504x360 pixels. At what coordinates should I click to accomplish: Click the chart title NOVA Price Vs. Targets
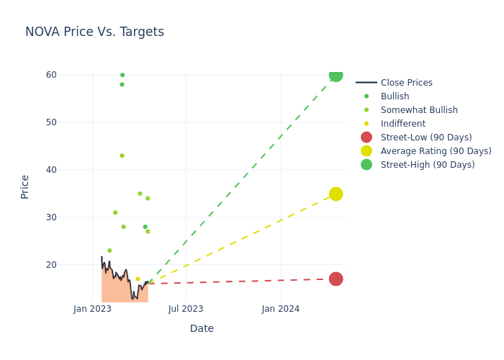(x=94, y=32)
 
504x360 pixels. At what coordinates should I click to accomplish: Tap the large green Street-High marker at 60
(x=336, y=75)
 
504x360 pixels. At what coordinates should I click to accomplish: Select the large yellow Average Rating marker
(x=336, y=194)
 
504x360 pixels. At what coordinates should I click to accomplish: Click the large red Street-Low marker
(x=336, y=279)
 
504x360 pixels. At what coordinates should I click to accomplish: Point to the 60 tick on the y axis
(x=51, y=75)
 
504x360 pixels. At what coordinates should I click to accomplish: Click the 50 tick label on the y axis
(x=51, y=122)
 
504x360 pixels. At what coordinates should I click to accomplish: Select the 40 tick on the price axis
(x=51, y=170)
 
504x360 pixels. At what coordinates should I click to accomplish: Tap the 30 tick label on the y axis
(x=51, y=217)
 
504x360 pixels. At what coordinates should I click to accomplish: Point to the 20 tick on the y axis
(x=51, y=265)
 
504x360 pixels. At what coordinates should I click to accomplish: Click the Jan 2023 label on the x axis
(x=92, y=309)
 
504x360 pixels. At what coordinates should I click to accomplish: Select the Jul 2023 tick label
(x=186, y=309)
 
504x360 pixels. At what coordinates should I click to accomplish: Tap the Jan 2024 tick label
(x=281, y=309)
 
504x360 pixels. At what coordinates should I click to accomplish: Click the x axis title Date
(x=202, y=328)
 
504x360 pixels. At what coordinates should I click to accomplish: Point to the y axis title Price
(x=25, y=186)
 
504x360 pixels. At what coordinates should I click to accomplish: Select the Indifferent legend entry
(x=402, y=124)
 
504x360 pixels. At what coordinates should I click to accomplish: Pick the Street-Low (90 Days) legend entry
(x=426, y=138)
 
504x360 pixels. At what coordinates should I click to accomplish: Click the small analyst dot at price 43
(x=122, y=156)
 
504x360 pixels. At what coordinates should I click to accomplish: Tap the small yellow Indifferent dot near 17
(x=138, y=279)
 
